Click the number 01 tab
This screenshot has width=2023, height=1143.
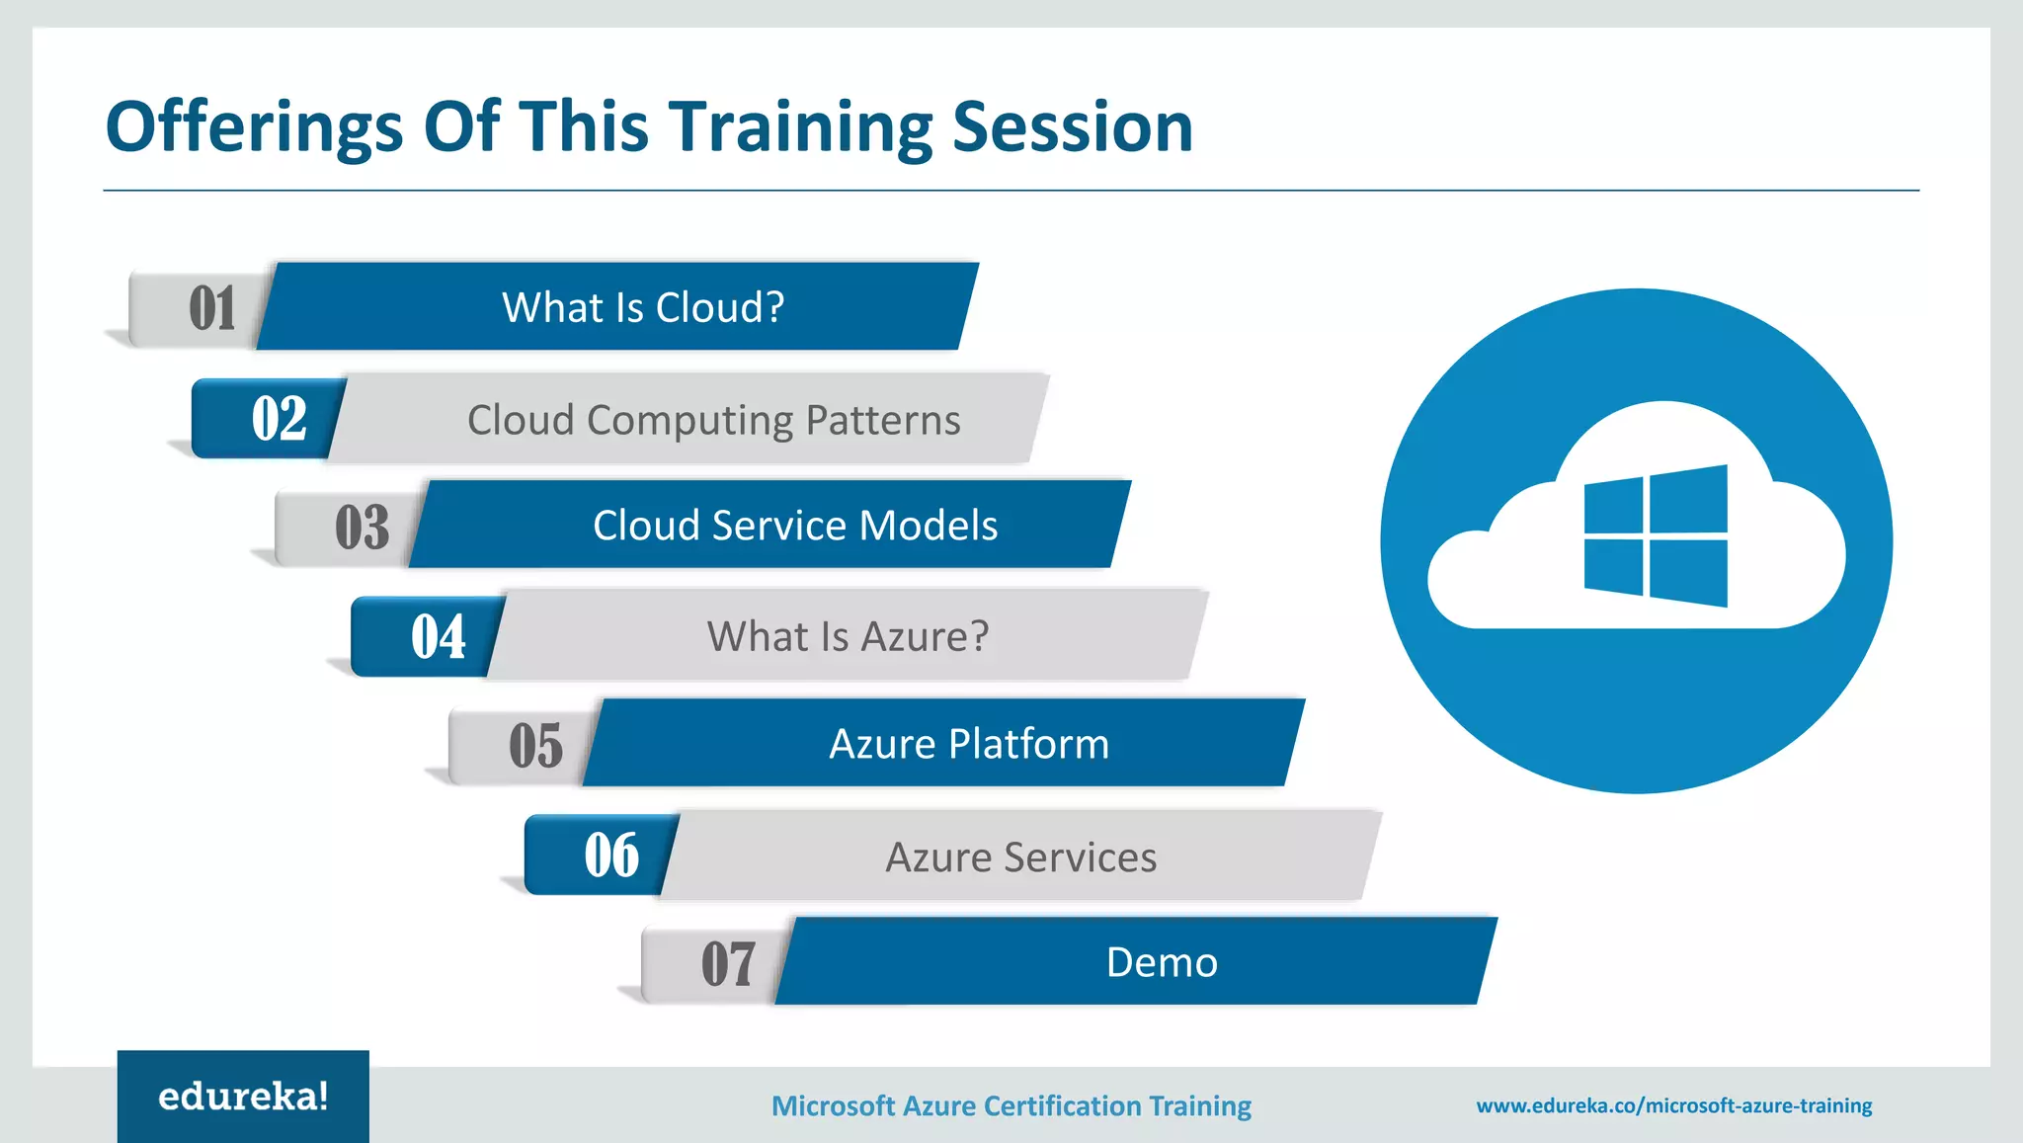coord(209,308)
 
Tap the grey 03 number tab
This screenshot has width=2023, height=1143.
coord(361,527)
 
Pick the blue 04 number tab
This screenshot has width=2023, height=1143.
coord(438,636)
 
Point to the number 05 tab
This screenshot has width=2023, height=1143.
coord(534,745)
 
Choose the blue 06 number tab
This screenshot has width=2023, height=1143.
coord(610,855)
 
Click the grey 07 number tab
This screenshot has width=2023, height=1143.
coord(727,963)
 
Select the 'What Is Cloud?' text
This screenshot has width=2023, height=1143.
coord(643,307)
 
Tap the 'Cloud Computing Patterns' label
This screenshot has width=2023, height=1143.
coord(713,420)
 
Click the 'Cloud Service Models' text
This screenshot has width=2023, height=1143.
coord(795,526)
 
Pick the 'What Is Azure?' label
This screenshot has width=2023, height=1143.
coord(848,636)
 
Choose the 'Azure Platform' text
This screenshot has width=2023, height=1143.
coord(969,744)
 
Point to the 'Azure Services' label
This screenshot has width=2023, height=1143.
coord(1020,857)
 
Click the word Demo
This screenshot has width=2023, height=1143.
coord(1162,962)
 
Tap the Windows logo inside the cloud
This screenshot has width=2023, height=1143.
coord(1656,536)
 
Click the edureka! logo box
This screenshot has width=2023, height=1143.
coord(243,1097)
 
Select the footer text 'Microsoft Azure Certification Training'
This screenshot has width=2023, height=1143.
coord(1011,1105)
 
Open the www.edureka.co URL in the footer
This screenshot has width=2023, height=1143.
coord(1673,1105)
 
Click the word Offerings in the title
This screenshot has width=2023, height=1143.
coord(254,128)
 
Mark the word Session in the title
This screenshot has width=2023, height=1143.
coord(1072,128)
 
